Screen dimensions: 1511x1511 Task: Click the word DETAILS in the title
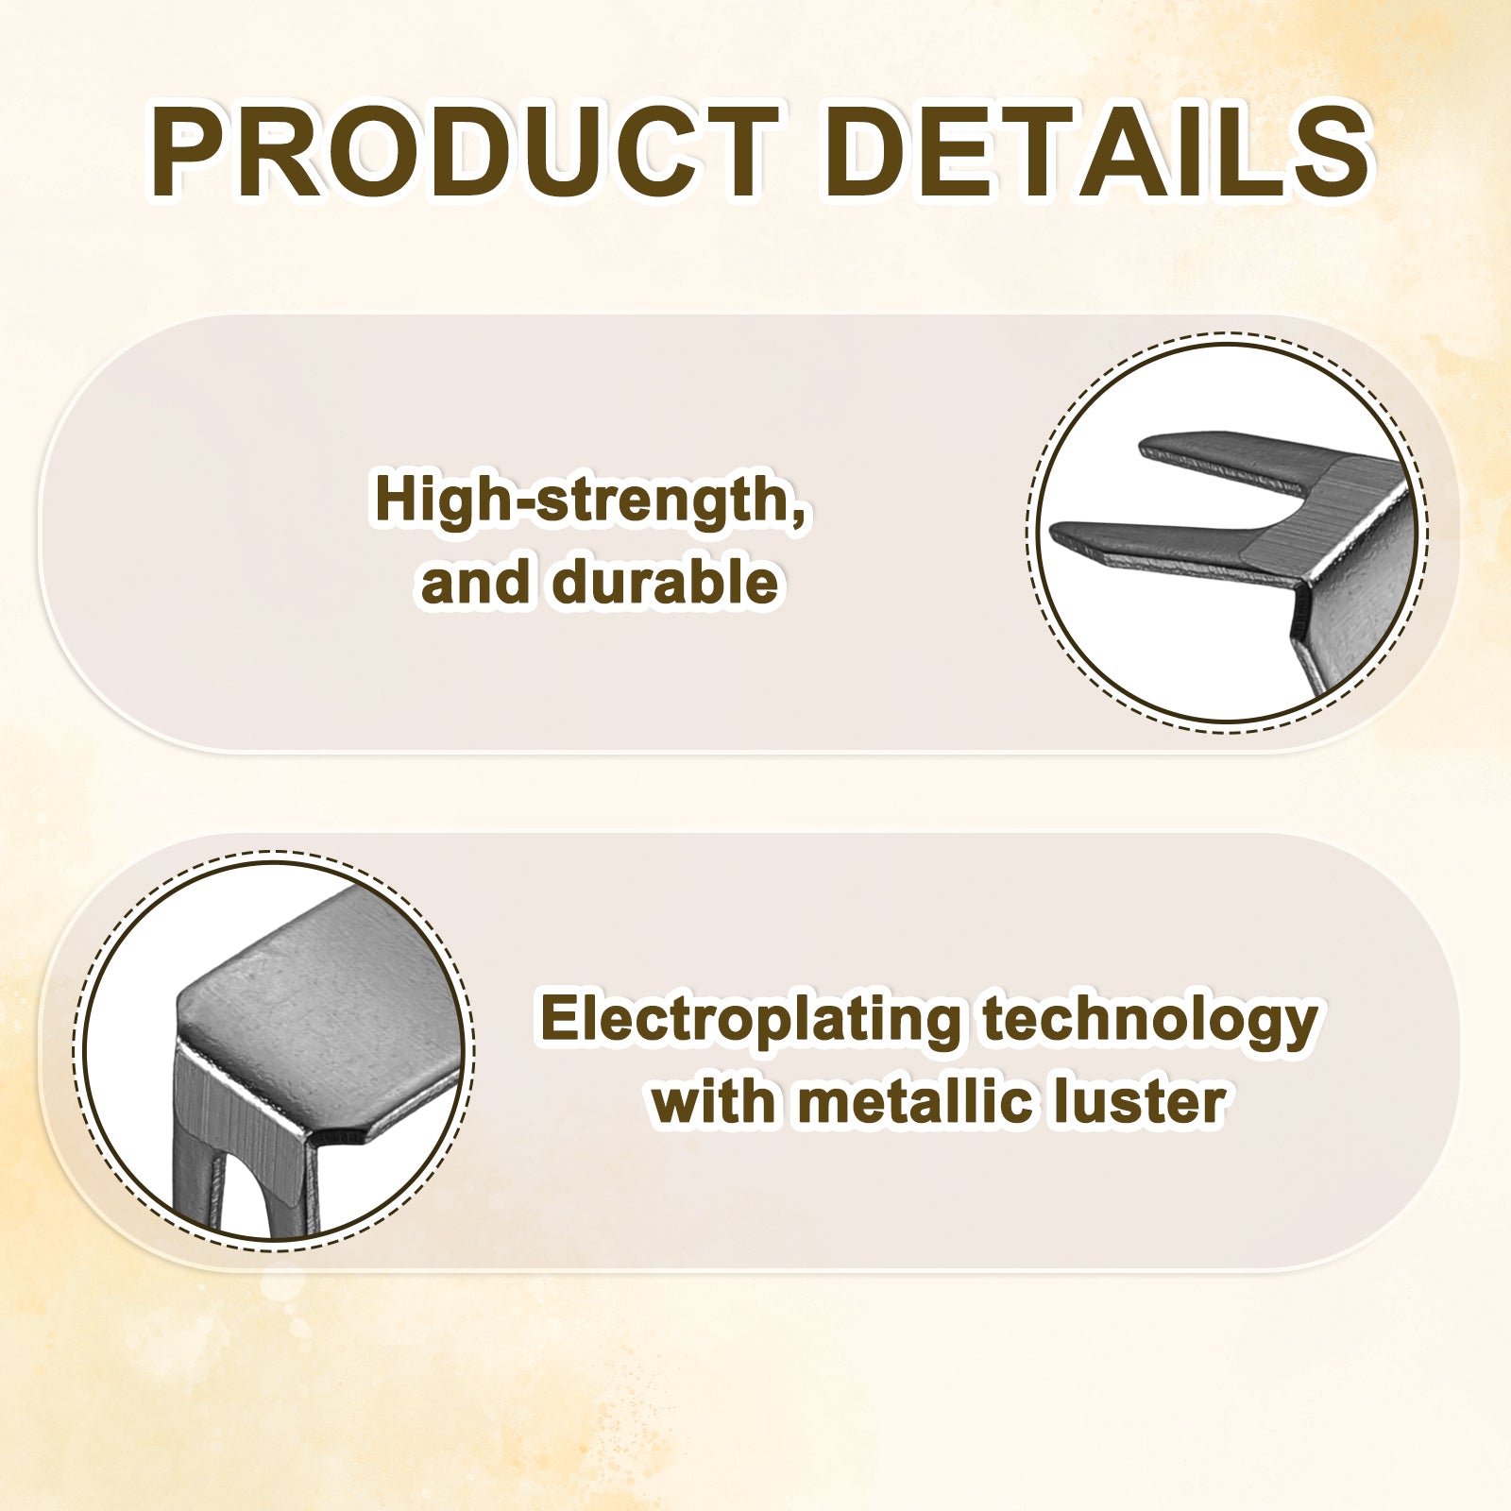pyautogui.click(x=1097, y=152)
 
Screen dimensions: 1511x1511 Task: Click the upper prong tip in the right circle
pyautogui.click(x=1145, y=444)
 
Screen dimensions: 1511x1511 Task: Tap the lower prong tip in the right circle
pyautogui.click(x=1056, y=535)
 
